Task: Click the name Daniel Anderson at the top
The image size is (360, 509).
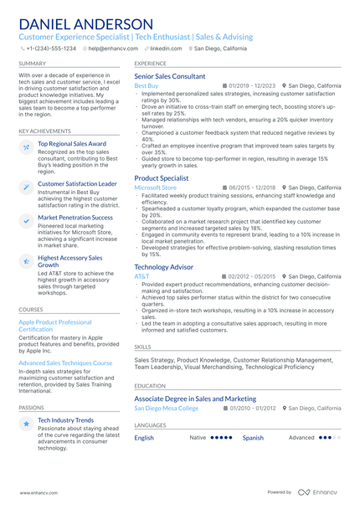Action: click(85, 24)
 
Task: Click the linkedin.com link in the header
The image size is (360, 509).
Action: click(165, 49)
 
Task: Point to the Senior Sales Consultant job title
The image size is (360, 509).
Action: click(169, 76)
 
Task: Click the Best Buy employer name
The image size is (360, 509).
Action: click(146, 86)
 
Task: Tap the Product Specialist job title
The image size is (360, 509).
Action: click(161, 178)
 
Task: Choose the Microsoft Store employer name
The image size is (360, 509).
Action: click(156, 188)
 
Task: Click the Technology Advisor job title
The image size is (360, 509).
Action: click(163, 266)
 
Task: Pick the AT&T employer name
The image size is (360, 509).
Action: click(141, 276)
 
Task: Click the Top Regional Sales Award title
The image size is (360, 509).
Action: click(72, 144)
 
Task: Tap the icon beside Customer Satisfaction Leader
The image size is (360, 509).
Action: click(27, 187)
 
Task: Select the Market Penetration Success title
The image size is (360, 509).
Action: click(75, 218)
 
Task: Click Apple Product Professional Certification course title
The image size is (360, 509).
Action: click(55, 325)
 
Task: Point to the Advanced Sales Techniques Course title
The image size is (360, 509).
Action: click(65, 363)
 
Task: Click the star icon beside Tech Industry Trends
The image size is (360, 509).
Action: click(27, 424)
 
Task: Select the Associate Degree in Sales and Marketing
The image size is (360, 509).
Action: click(195, 398)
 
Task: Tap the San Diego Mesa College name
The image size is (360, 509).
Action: click(167, 409)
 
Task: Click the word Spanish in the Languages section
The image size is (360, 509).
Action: click(253, 438)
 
